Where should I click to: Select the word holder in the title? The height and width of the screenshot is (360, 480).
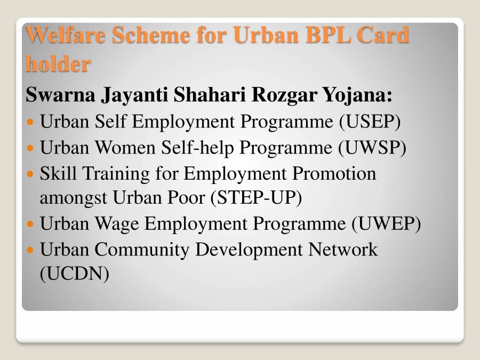tap(58, 65)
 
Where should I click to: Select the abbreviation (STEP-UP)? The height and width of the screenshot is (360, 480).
tap(256, 198)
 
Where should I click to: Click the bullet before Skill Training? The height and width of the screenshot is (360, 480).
tap(31, 174)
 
